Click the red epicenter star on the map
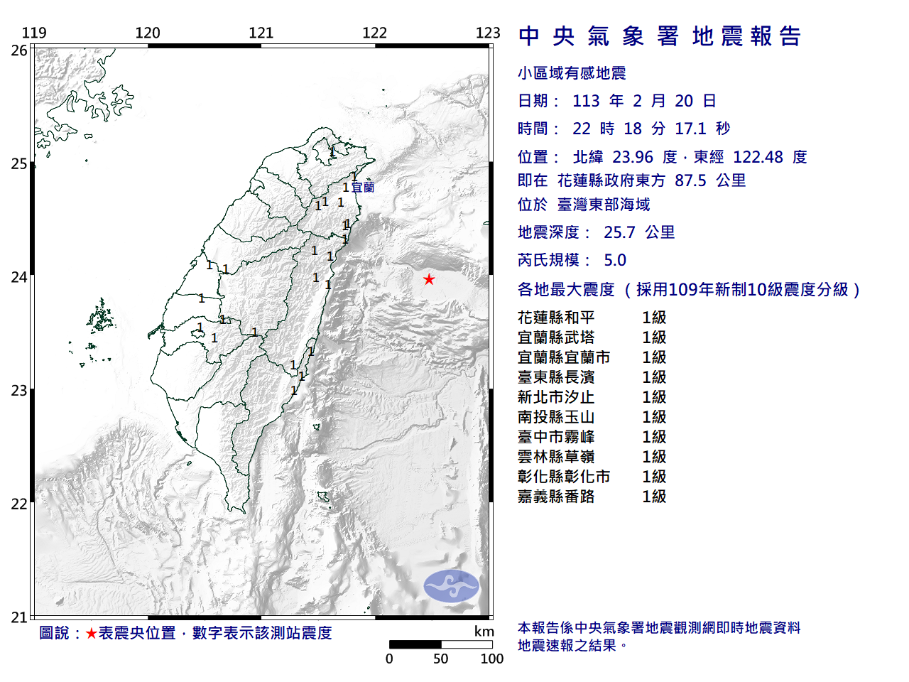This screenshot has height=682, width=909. (x=429, y=279)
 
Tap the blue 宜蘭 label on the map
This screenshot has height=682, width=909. (x=363, y=188)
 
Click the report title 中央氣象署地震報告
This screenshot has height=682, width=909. (x=660, y=36)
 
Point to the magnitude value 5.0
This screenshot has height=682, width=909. (x=615, y=260)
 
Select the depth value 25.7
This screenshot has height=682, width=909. (x=619, y=232)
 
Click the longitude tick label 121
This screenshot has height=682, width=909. (x=261, y=33)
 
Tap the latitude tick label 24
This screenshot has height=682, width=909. (x=19, y=277)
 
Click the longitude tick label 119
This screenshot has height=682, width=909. (x=34, y=33)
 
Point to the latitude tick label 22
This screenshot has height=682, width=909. (x=19, y=504)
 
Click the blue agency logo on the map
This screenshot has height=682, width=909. (x=452, y=586)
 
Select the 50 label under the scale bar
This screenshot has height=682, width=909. (x=441, y=659)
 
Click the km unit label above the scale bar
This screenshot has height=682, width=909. (x=484, y=632)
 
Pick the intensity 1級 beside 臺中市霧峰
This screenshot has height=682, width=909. (x=654, y=437)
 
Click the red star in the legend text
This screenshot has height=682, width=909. (x=91, y=633)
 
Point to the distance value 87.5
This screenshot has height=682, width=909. (x=690, y=180)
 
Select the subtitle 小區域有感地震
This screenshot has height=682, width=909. (x=572, y=73)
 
